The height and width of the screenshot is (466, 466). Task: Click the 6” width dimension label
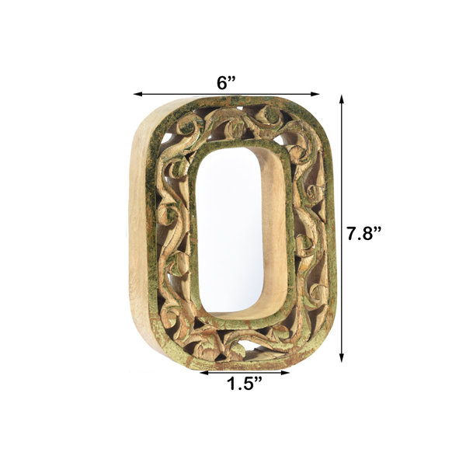(226, 82)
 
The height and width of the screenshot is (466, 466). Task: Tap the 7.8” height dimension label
(364, 233)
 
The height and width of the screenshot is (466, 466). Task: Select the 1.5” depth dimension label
(245, 384)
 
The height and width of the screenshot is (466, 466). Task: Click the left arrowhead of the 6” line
(137, 94)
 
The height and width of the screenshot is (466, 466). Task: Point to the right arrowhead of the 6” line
(315, 94)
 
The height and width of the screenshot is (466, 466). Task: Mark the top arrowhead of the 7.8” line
(342, 99)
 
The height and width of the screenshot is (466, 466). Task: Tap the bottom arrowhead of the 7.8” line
(342, 358)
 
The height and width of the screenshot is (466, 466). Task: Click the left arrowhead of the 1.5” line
(203, 372)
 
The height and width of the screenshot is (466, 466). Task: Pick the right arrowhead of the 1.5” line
(285, 372)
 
